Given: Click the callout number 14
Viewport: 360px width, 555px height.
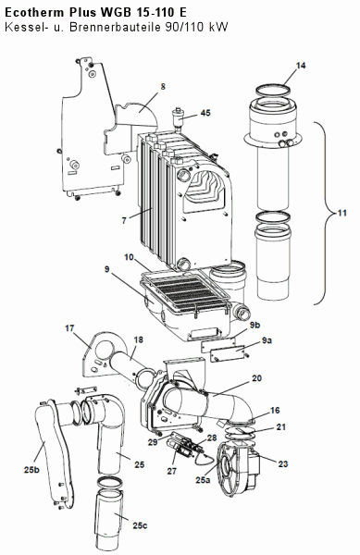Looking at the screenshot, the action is pos(301,66).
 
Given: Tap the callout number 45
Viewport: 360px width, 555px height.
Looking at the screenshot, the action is pos(205,113).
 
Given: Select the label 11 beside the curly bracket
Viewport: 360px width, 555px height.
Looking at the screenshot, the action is pos(341,213).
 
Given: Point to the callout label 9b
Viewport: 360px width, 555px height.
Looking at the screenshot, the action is pos(254,326).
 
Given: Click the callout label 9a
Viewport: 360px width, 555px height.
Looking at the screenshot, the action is pos(267,340).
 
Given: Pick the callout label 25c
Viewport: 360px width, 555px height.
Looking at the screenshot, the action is pos(140,525).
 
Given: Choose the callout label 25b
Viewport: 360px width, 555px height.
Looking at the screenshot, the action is pos(31,470).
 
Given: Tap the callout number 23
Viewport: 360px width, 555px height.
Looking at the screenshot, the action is pos(283,463).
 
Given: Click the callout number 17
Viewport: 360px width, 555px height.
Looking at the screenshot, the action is pos(69,328).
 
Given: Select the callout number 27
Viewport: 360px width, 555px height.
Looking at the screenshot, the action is pos(172,471).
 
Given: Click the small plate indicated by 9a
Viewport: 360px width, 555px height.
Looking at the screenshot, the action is pos(228,353).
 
